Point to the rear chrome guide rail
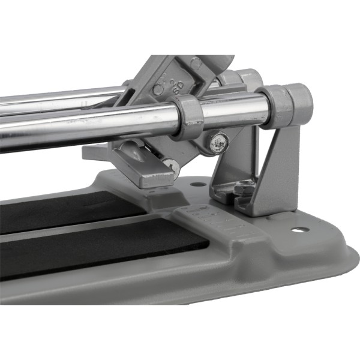tap(60, 96)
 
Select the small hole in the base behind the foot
tap(197, 184)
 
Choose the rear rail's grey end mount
tap(249, 78)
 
